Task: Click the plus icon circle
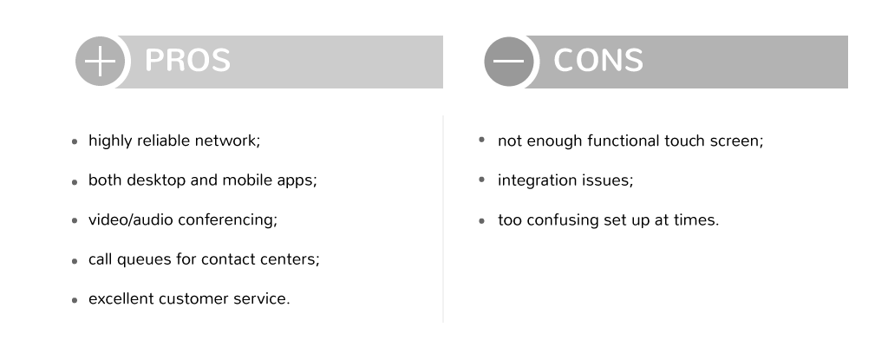tap(100, 62)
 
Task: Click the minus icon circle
tap(508, 62)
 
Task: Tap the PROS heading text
tap(187, 60)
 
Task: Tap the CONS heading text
tap(598, 60)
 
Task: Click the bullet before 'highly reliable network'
tap(75, 142)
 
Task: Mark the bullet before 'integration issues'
tap(482, 180)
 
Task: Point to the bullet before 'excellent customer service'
tap(75, 300)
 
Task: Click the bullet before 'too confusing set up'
tap(482, 221)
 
